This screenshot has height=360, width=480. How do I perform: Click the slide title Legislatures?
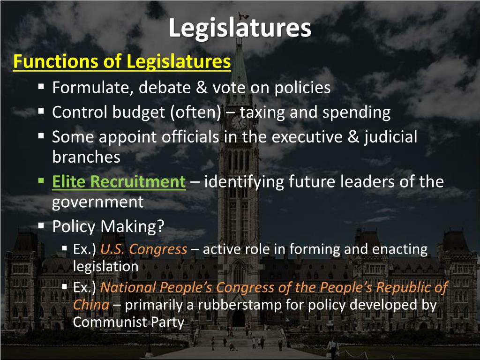[x=240, y=28]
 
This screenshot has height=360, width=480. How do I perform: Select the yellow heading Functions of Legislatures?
[x=122, y=62]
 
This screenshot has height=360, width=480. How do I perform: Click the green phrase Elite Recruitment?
[x=119, y=182]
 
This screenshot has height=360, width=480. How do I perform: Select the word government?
[x=97, y=202]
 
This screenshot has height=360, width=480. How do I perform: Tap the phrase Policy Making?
[x=108, y=227]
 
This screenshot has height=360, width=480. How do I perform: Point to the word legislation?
[x=105, y=266]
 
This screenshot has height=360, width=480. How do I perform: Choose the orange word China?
[x=91, y=305]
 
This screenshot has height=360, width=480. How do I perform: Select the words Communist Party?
[x=128, y=322]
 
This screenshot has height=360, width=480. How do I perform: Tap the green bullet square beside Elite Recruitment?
[x=41, y=180]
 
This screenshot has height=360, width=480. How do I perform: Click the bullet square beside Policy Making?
[x=41, y=225]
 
